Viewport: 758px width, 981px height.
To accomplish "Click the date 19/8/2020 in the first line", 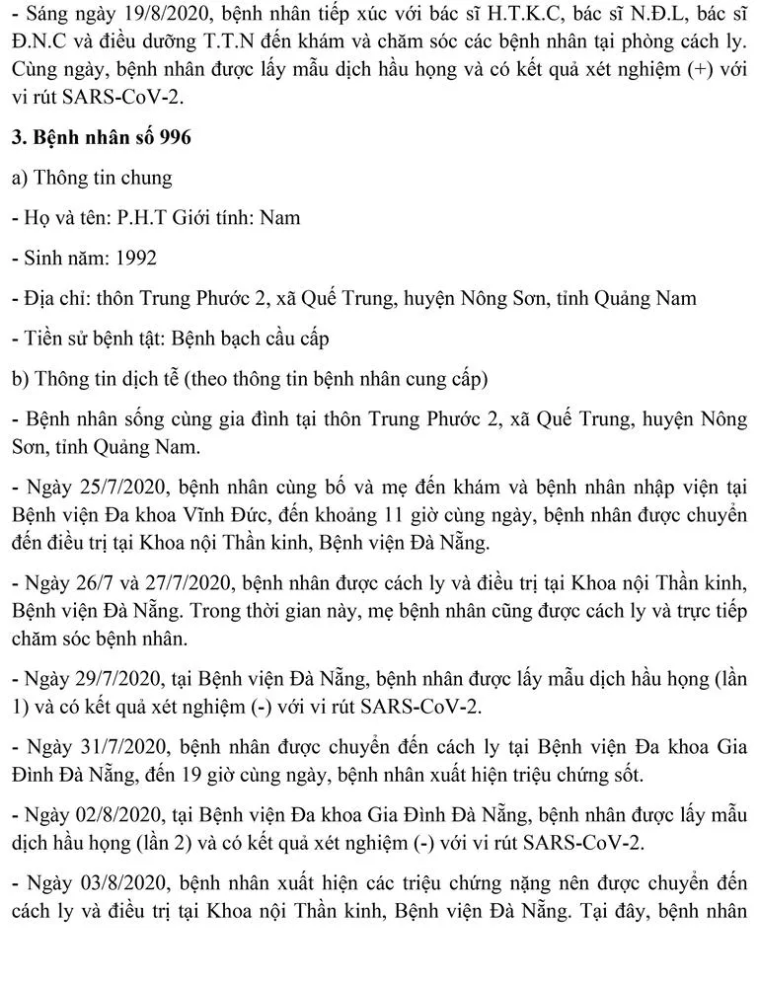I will tap(132, 15).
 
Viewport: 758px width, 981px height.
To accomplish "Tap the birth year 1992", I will tap(135, 258).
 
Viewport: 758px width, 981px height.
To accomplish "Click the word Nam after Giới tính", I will tap(279, 217).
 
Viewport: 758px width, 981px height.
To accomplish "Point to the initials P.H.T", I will tap(148, 217).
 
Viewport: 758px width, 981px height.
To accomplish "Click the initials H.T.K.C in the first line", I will tap(501, 15).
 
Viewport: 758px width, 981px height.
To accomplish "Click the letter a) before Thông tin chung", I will tap(19, 178).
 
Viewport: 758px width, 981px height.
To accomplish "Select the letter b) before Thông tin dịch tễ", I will tap(19, 379).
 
